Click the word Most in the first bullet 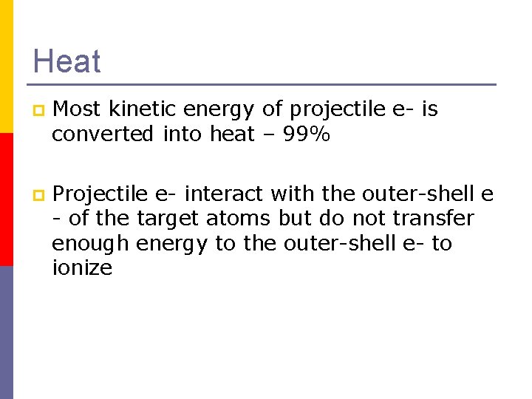point(77,110)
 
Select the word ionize point(82,267)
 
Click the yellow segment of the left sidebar point(6,66)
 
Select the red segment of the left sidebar point(6,199)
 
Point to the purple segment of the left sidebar point(6,332)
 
